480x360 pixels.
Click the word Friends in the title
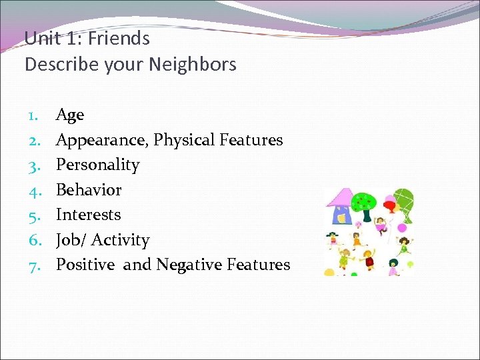tap(119, 38)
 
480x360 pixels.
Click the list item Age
tap(70, 115)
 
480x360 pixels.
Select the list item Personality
tap(97, 165)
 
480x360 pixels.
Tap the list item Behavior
tap(89, 190)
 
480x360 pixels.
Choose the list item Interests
tap(88, 215)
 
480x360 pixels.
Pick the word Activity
tap(121, 240)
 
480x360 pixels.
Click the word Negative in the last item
tap(189, 265)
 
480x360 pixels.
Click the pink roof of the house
tap(340, 197)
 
